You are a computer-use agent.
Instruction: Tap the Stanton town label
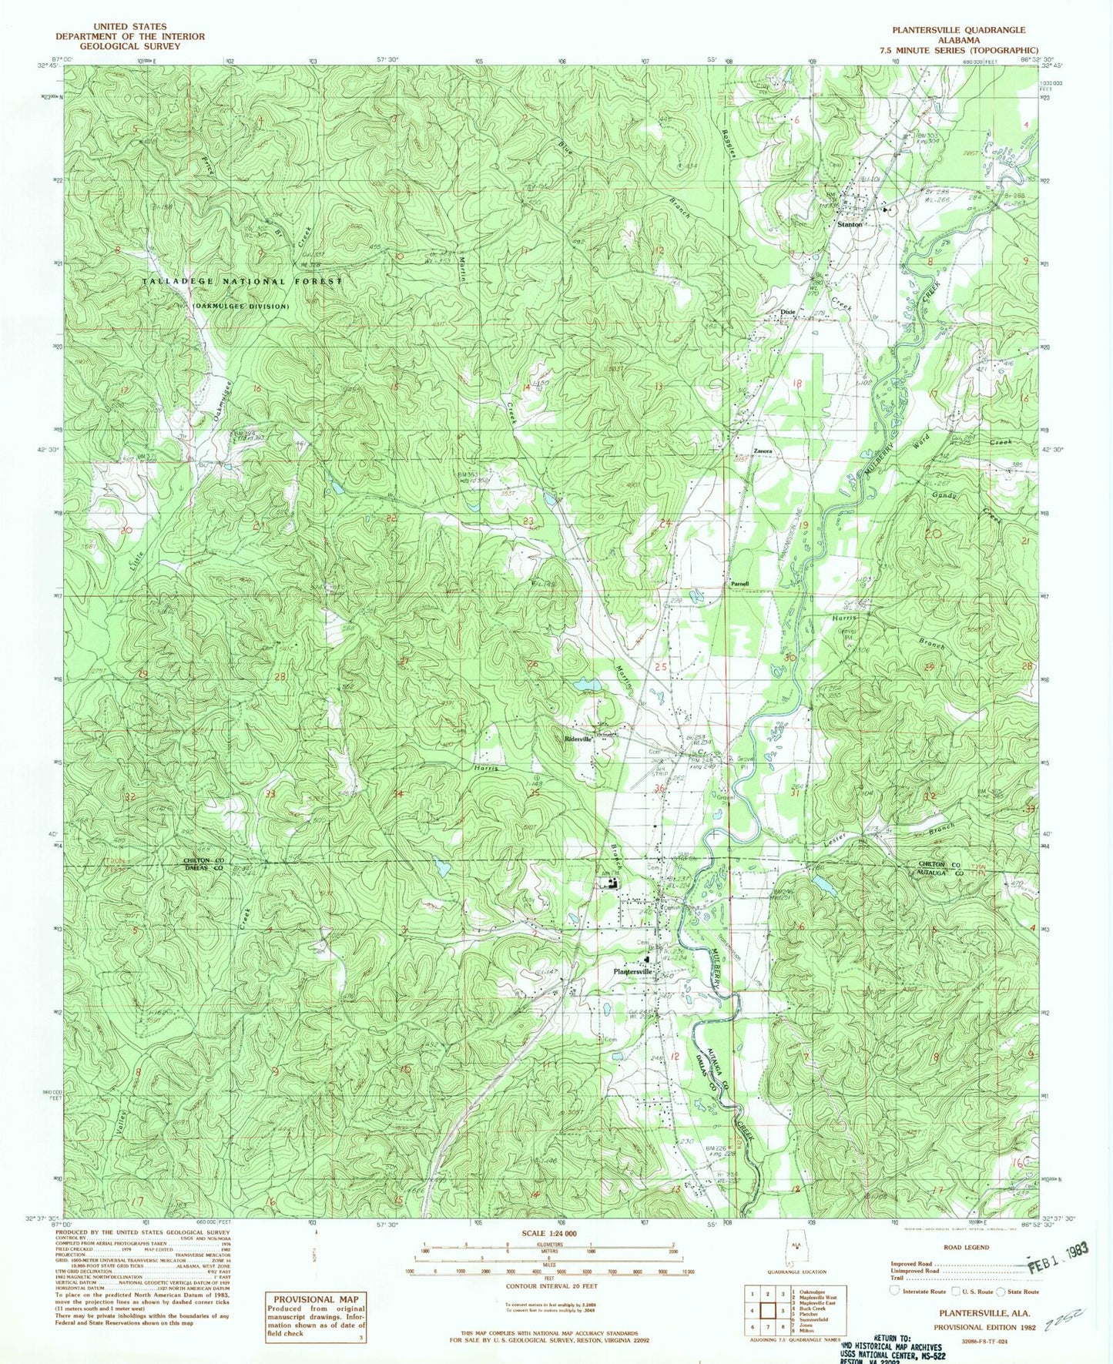(850, 224)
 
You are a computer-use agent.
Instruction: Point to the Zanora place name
(763, 451)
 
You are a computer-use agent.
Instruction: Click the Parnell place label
(740, 584)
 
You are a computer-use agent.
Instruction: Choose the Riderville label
(578, 739)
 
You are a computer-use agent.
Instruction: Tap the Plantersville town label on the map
(633, 972)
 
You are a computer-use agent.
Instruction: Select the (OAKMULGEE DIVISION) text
(241, 307)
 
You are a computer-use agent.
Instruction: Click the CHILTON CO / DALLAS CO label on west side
(203, 863)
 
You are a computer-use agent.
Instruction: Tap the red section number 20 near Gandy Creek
(934, 533)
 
